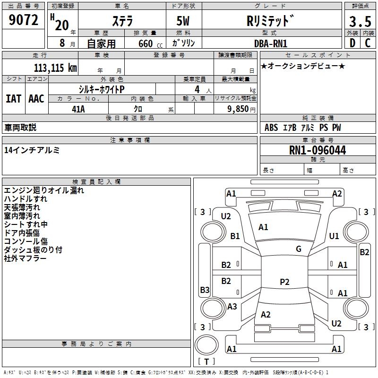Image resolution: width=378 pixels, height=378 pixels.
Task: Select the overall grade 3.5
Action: click(360, 22)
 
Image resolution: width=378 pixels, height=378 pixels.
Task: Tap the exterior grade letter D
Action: click(352, 43)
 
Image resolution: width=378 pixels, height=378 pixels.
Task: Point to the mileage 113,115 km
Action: click(55, 68)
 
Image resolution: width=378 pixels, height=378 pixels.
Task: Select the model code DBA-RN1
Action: click(271, 43)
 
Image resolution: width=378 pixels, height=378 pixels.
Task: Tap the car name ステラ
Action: click(122, 22)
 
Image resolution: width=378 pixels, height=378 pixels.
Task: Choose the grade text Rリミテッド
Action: click(271, 21)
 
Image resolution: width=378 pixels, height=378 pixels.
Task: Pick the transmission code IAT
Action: click(13, 99)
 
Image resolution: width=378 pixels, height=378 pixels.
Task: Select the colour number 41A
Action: click(78, 109)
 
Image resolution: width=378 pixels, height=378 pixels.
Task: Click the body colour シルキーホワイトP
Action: click(102, 89)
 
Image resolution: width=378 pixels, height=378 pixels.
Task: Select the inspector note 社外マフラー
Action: click(25, 258)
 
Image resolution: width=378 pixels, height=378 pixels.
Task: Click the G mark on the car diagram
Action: click(299, 249)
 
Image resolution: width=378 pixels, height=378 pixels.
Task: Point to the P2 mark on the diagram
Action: click(284, 282)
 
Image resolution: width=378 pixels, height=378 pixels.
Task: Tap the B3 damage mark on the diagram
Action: click(205, 290)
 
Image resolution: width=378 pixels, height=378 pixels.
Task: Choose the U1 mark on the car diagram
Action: click(334, 236)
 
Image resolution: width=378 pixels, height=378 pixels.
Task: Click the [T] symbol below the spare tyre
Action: click(206, 362)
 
